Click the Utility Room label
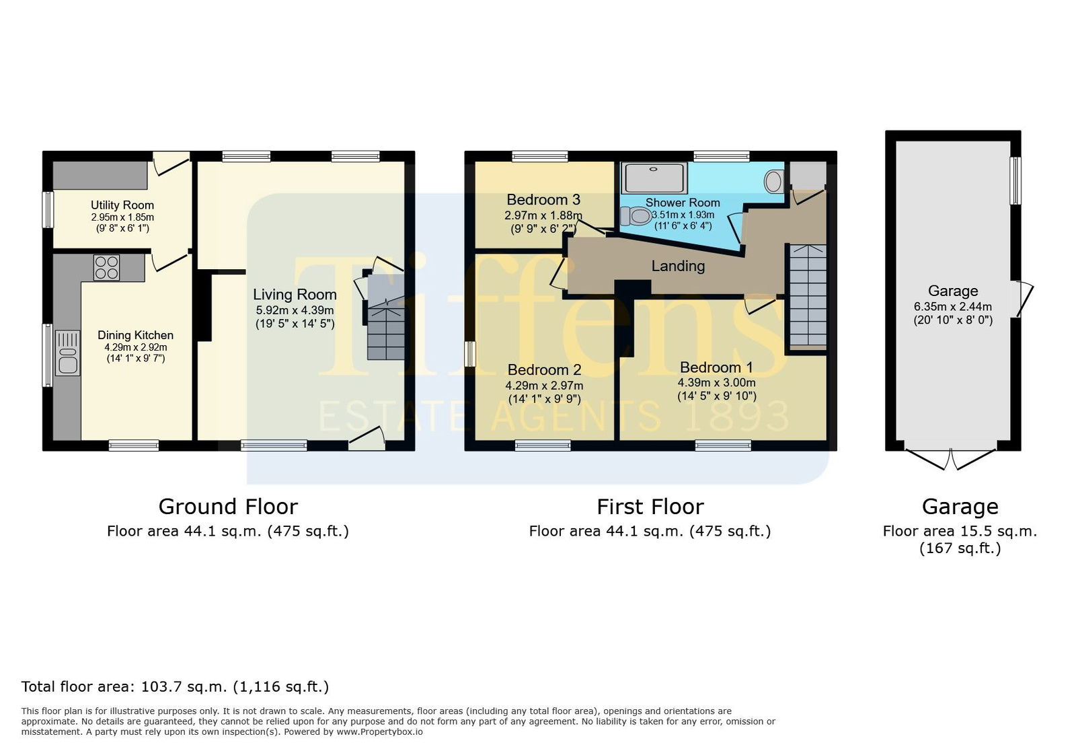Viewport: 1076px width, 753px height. click(122, 205)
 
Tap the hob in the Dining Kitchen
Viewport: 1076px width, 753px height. click(107, 267)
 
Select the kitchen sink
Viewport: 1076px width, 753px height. click(67, 353)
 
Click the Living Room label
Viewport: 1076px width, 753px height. click(295, 294)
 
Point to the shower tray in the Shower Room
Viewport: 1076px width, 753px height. click(654, 178)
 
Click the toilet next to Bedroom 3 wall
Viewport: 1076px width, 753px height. click(636, 216)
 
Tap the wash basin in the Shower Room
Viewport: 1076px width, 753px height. click(774, 181)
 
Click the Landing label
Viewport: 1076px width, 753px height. click(678, 266)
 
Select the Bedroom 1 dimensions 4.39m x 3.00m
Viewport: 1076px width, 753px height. click(716, 383)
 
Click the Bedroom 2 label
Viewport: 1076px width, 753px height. click(544, 369)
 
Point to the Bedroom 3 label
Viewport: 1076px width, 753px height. click(543, 199)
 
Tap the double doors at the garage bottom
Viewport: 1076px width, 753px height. click(951, 459)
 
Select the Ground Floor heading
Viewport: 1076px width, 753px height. click(228, 507)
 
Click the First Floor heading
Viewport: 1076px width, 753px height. click(650, 507)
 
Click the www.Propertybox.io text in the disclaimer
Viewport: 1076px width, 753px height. click(379, 732)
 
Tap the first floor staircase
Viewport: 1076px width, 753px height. click(808, 297)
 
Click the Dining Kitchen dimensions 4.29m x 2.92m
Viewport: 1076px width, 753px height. click(136, 347)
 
